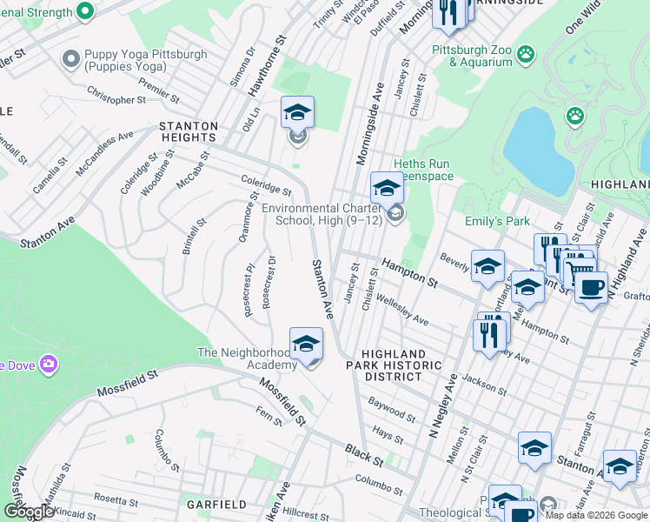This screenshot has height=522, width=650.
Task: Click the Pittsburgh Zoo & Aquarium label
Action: click(473, 56)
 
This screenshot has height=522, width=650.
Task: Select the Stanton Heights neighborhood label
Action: click(188, 131)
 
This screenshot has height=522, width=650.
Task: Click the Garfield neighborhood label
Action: click(210, 505)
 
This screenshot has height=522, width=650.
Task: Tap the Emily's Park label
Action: click(497, 222)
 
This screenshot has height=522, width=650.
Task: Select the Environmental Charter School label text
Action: click(324, 214)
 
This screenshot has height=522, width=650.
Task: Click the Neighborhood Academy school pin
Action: click(306, 346)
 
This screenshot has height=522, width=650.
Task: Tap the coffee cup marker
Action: click(591, 287)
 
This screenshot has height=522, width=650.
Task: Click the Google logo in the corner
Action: click(29, 512)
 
